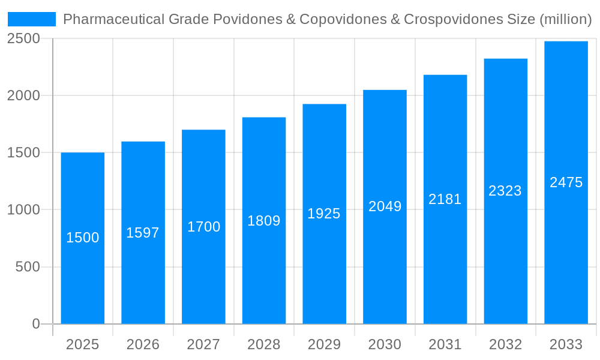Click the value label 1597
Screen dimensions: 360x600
[143, 233]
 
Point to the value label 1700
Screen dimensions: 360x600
[204, 227]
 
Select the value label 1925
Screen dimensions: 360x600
[324, 214]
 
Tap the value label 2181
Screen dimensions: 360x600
[445, 199]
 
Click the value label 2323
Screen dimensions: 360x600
[505, 191]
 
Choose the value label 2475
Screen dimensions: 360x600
[566, 182]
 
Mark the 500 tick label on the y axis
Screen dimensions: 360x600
[28, 267]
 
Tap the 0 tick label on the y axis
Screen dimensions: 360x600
[35, 324]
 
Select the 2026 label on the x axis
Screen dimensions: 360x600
[143, 344]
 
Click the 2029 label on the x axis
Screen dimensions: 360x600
[324, 344]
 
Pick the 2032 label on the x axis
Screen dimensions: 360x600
[505, 344]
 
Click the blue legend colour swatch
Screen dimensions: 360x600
[32, 19]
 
